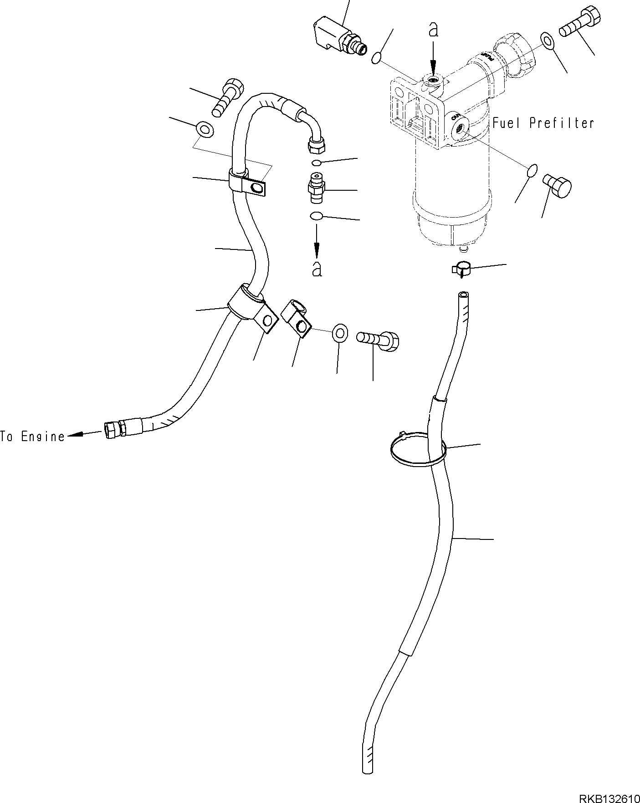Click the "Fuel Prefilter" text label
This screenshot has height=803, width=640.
(543, 123)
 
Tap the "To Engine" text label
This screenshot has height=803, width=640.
(33, 437)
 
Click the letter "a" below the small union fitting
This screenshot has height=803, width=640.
(317, 269)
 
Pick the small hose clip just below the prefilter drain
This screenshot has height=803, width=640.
(461, 269)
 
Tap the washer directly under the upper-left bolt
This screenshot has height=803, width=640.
(205, 129)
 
